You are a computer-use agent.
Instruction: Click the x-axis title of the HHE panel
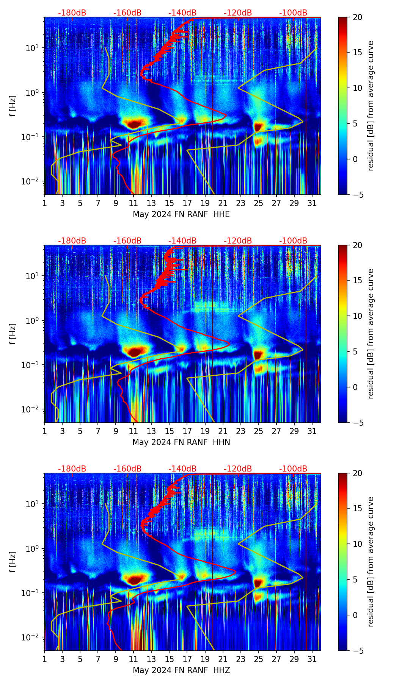coord(181,214)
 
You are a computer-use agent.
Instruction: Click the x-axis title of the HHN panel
coord(181,442)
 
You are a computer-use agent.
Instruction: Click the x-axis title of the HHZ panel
coord(181,670)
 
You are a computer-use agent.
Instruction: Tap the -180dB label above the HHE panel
coord(72,13)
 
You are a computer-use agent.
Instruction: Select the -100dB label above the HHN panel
coord(293,241)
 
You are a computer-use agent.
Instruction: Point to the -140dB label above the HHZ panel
coord(182,469)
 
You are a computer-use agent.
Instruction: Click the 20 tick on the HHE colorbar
coord(358,17)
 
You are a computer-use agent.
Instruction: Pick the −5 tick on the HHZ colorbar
coord(358,651)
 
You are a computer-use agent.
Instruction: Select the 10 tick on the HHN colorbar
coord(358,316)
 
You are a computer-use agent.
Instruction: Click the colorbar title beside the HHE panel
coord(371,106)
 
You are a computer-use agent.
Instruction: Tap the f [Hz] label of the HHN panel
coord(13,334)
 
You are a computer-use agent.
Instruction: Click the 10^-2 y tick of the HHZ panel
coord(34,637)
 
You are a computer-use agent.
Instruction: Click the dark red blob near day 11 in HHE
coord(134,124)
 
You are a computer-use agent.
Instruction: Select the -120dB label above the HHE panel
coord(238,13)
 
